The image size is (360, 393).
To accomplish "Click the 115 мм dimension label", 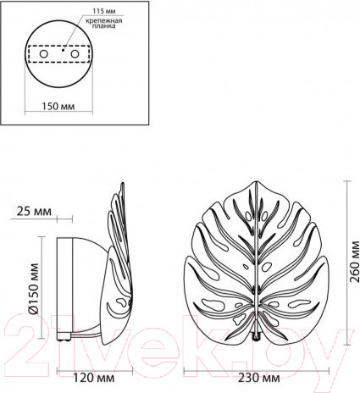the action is (x=104, y=11).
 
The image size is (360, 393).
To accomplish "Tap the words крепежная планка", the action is (x=104, y=23).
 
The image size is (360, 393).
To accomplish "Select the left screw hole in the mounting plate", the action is (x=43, y=53).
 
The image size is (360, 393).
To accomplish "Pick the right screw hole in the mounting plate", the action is (x=75, y=53).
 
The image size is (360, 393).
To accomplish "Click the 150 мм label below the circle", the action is (x=58, y=107).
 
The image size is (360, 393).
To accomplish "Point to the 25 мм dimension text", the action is (x=34, y=211).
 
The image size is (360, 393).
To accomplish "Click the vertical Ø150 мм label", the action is (x=34, y=289).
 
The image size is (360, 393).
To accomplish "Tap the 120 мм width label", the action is (x=94, y=378).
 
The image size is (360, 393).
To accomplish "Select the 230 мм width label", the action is (x=259, y=378).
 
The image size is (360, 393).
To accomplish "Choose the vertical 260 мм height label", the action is (x=354, y=262).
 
